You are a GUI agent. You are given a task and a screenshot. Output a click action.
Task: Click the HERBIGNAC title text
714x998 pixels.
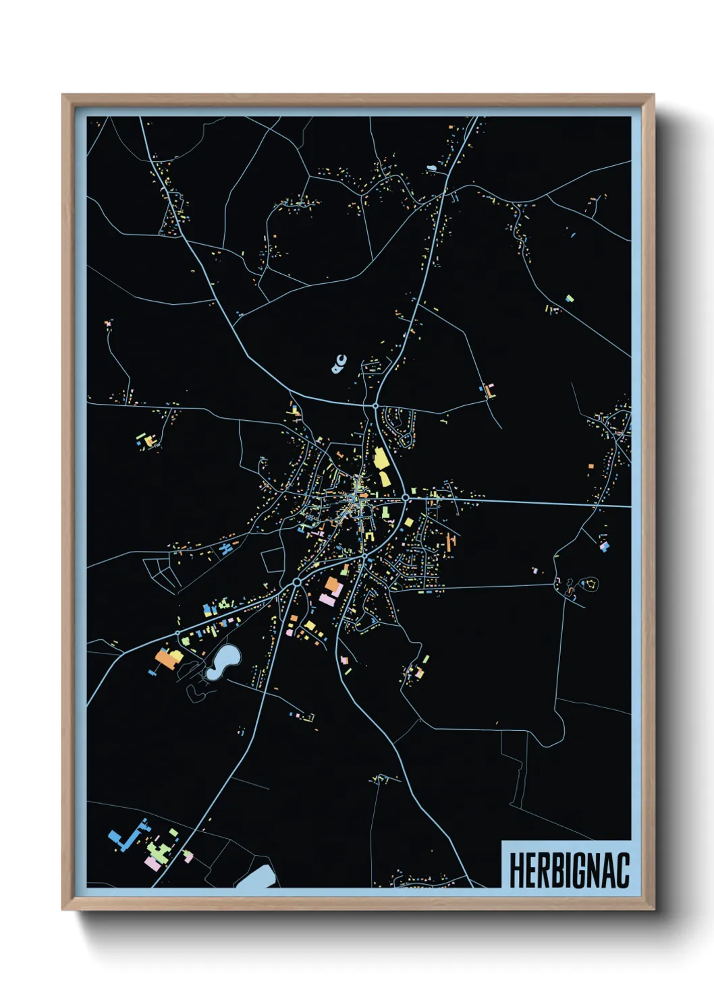[x=569, y=870]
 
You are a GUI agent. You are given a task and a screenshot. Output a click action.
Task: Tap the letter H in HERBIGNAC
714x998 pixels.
[x=517, y=870]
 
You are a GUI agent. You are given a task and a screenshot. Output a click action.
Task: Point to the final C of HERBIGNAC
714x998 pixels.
[x=622, y=870]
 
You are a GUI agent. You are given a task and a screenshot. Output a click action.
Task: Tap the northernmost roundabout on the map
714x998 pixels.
[x=375, y=406]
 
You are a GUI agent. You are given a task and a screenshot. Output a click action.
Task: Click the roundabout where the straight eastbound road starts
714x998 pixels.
[x=406, y=498]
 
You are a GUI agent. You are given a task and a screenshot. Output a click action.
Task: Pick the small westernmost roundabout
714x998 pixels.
[x=178, y=633]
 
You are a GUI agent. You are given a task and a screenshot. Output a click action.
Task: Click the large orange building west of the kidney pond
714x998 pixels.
[x=166, y=657]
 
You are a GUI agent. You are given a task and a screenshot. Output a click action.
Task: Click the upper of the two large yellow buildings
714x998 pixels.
[x=381, y=458]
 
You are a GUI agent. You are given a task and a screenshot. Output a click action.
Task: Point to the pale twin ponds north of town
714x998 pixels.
[x=339, y=363]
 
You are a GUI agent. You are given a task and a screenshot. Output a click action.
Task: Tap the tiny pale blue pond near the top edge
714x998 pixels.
[x=431, y=168]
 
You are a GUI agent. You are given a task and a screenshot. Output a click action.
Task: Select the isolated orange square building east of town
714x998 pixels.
[x=591, y=466]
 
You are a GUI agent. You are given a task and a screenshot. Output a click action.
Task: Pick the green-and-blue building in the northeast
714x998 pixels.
[x=570, y=297]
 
